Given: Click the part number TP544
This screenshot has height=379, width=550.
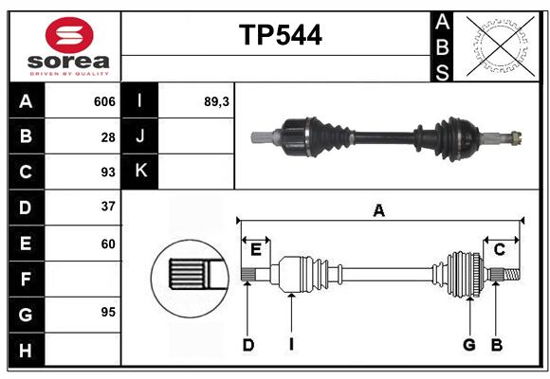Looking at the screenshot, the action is [281, 35].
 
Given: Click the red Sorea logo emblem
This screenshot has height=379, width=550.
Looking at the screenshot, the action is [69, 35].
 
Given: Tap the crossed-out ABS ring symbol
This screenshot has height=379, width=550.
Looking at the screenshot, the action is [501, 45].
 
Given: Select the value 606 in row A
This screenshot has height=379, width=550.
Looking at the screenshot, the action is [104, 101].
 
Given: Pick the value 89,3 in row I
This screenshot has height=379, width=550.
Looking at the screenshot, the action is [216, 101].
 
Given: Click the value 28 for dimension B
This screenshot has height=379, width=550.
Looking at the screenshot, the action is [108, 137].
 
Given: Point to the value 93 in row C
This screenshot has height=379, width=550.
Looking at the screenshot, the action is [108, 172].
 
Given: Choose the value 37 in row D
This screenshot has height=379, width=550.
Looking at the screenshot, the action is [108, 207].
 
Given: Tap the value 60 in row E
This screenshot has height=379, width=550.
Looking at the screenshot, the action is [108, 244].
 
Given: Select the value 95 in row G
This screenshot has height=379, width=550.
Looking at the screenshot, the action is [108, 312].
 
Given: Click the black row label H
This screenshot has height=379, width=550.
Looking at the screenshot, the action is [27, 350].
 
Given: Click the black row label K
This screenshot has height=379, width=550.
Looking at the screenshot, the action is [139, 171].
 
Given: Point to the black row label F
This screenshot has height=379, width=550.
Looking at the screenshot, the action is [27, 279].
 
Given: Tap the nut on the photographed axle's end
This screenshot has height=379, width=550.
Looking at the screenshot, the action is [516, 137].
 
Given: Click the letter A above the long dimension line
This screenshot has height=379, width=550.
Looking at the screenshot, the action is [378, 210].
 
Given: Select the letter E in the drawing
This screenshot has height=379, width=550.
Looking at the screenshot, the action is [256, 250].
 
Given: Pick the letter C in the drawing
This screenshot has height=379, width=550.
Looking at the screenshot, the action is [500, 249].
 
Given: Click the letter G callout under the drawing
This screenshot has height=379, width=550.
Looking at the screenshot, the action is [469, 345].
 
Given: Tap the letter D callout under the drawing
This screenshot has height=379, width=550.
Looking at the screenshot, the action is [248, 345].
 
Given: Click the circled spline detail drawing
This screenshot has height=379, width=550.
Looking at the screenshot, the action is [190, 280].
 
